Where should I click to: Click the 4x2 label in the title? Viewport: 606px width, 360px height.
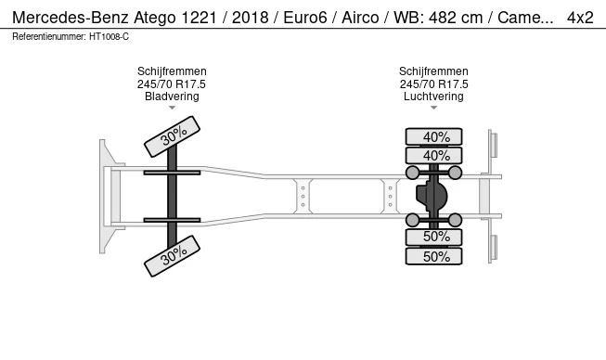click(x=580, y=18)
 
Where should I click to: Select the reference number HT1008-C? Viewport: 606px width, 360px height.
click(x=109, y=37)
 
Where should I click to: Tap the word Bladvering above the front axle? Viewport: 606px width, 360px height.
click(x=172, y=96)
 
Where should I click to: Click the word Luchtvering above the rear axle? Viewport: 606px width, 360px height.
click(x=433, y=96)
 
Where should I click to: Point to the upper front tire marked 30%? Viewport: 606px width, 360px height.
click(x=172, y=136)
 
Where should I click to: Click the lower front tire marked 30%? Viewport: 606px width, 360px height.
click(x=172, y=256)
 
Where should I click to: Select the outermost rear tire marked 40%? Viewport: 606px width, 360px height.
click(x=433, y=136)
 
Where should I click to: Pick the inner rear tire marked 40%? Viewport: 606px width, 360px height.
click(x=433, y=156)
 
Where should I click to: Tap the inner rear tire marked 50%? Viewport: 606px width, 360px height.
click(x=433, y=237)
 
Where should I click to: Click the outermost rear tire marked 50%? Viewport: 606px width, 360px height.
click(x=433, y=256)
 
